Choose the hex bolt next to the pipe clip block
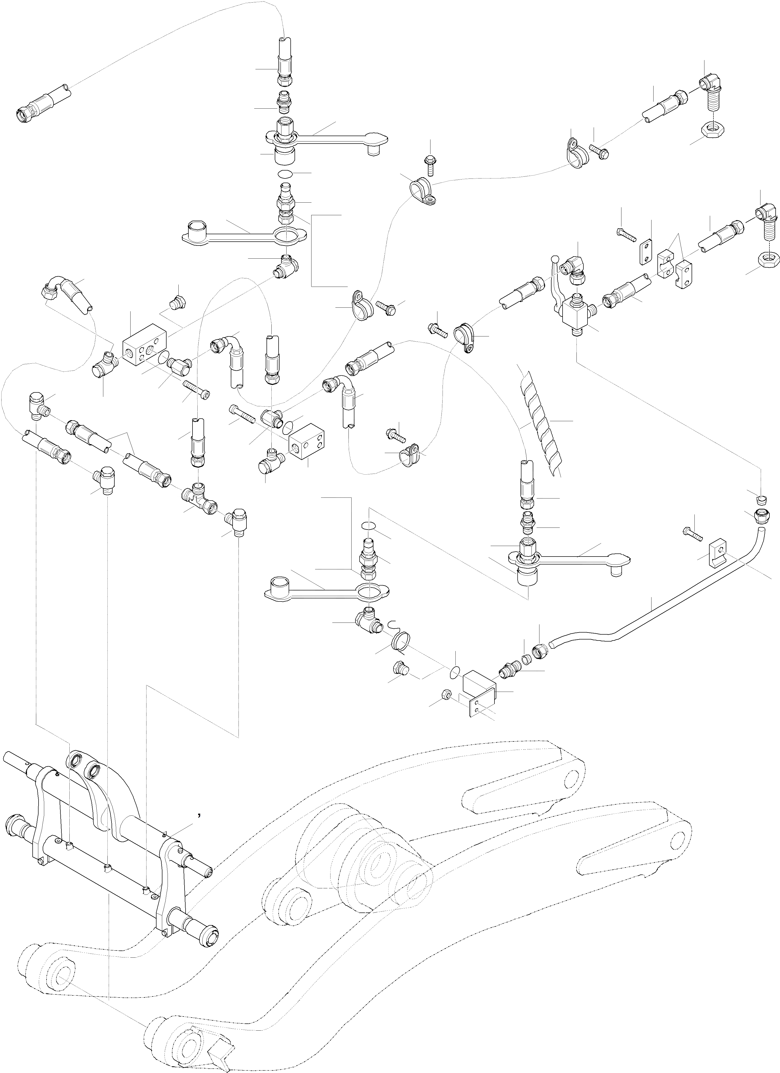[692, 533]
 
